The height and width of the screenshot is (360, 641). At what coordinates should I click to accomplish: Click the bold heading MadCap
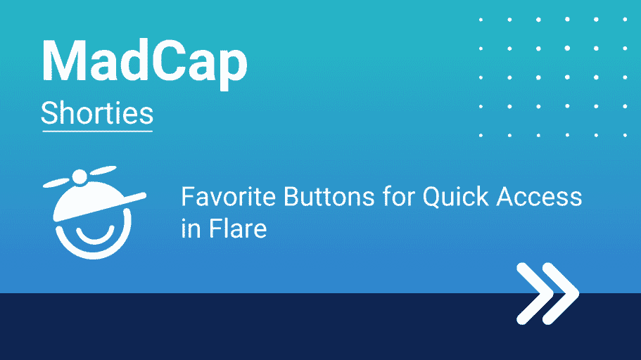[144, 63]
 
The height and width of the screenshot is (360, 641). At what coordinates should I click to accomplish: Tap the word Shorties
[97, 113]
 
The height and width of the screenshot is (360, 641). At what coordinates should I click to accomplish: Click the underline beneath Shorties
[97, 131]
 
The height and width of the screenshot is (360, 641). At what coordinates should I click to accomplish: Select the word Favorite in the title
[229, 196]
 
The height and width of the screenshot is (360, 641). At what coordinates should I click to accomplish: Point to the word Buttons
[329, 196]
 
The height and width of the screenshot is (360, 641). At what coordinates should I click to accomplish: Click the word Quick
[455, 197]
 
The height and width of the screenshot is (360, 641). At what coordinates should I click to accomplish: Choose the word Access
[539, 197]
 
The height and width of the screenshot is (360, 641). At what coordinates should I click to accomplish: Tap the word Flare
[238, 228]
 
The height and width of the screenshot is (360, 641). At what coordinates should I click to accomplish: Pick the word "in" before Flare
[191, 229]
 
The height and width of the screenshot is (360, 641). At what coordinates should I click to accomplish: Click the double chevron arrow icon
[548, 293]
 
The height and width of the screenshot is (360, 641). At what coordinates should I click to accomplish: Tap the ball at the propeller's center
[80, 177]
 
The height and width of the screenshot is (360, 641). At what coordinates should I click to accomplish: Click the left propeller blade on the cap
[57, 183]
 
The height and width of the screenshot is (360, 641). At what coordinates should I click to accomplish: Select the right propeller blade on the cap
[103, 170]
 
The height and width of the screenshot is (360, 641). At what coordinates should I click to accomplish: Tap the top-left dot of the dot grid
[481, 20]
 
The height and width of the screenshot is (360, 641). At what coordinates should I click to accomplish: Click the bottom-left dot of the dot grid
[481, 135]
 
